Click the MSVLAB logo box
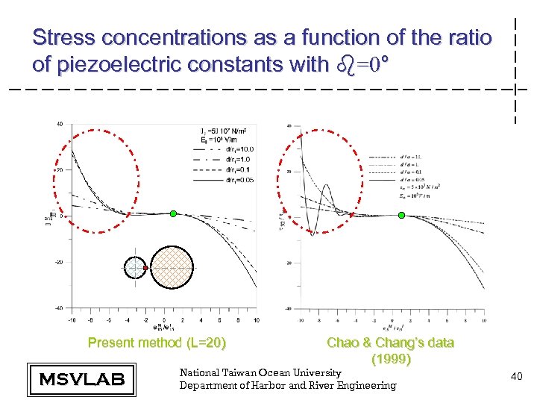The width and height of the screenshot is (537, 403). (x=81, y=379)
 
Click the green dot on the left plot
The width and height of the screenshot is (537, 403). (x=173, y=213)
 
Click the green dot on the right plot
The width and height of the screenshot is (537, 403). (x=401, y=215)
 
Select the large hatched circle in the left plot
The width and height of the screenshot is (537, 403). (x=173, y=266)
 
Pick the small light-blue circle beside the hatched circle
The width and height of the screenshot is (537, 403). (x=135, y=266)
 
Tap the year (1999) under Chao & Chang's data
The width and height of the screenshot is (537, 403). (x=390, y=359)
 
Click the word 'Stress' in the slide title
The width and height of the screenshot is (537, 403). (x=64, y=37)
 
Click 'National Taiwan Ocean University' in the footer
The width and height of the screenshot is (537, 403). (x=260, y=372)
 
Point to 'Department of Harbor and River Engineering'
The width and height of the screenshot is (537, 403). (x=288, y=385)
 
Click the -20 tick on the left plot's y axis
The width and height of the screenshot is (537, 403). (x=58, y=262)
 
